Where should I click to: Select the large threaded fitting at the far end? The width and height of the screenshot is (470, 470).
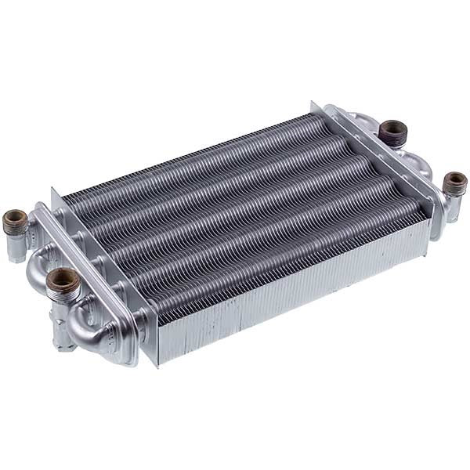click(x=392, y=130)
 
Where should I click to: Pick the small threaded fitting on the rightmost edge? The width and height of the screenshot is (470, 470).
click(x=455, y=183)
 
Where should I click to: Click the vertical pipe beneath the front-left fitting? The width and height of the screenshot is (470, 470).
click(x=63, y=329)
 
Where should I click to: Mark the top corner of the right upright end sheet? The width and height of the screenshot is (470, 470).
click(x=313, y=102)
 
